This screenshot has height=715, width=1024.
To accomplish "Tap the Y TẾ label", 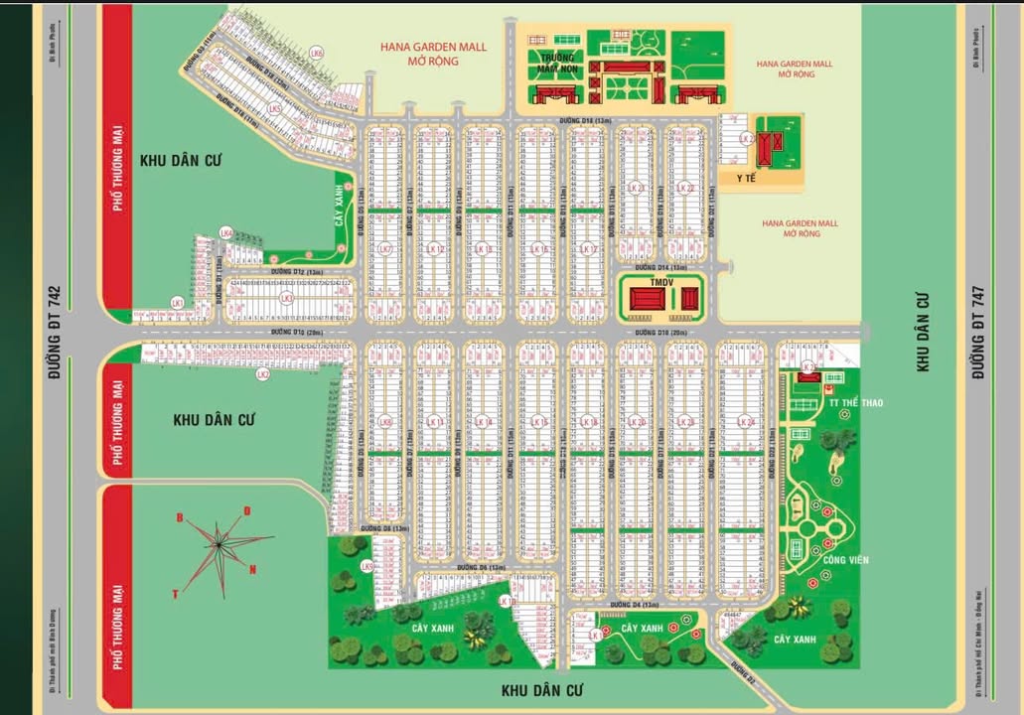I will [x=746, y=179].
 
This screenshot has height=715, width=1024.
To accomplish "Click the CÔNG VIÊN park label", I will [x=845, y=560].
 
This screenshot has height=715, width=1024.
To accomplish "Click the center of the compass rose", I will [x=218, y=544].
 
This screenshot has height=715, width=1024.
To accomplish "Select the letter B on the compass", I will [x=180, y=517].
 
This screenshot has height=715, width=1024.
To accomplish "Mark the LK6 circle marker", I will [x=316, y=53].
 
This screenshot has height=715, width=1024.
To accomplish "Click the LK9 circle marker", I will [x=366, y=567].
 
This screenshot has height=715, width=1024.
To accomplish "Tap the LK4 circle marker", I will [x=226, y=233].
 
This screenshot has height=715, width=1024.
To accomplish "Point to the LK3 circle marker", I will [x=286, y=298].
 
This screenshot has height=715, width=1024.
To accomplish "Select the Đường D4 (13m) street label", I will [x=635, y=604].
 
